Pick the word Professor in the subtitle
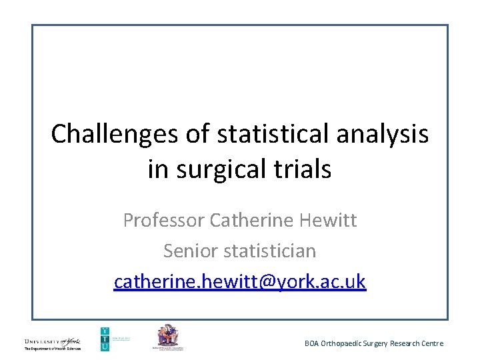click(163, 220)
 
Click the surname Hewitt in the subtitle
click(328, 220)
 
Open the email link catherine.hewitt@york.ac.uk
click(240, 281)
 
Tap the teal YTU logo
click(105, 339)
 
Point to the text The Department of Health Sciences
click(53, 349)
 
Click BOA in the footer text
click(312, 343)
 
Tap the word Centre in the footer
click(431, 343)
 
